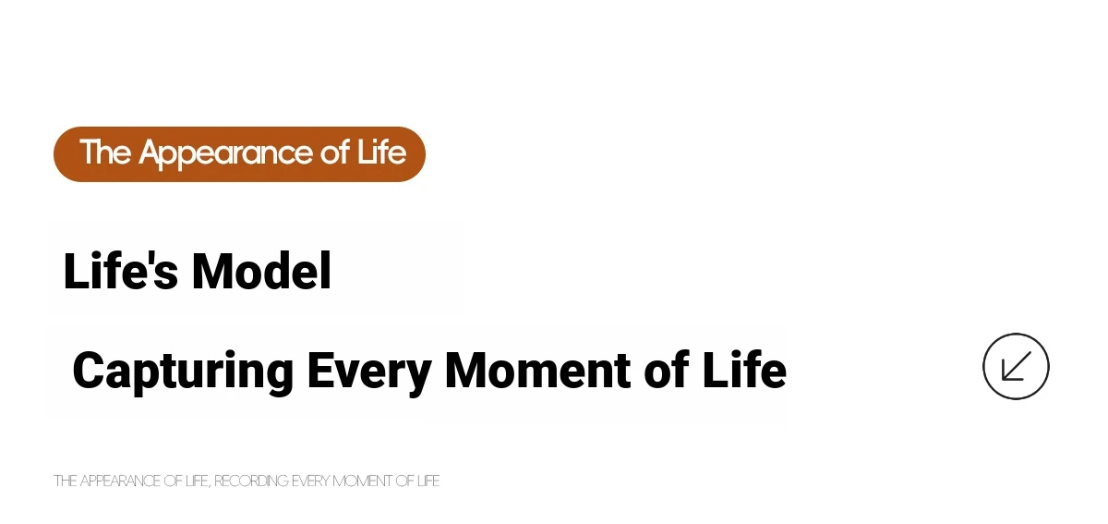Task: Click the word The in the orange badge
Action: [x=105, y=152]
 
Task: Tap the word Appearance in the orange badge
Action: [x=225, y=153]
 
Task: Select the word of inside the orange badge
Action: [x=335, y=152]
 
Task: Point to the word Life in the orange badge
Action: [x=381, y=152]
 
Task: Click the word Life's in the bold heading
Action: [x=121, y=271]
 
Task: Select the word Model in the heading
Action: [x=261, y=271]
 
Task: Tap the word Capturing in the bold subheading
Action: [x=183, y=372]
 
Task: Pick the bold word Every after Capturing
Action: [x=369, y=372]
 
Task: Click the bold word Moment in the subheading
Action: [x=537, y=370]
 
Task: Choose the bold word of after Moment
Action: [x=667, y=370]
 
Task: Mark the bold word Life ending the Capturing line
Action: [x=744, y=370]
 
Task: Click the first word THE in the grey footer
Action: [x=65, y=481]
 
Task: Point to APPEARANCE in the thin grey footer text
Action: [x=120, y=481]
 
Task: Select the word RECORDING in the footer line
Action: [x=251, y=481]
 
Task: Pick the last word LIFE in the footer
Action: [x=428, y=481]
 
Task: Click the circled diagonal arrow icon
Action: [x=1016, y=367]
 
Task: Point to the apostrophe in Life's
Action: [x=148, y=259]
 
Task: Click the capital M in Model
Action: [x=212, y=271]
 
